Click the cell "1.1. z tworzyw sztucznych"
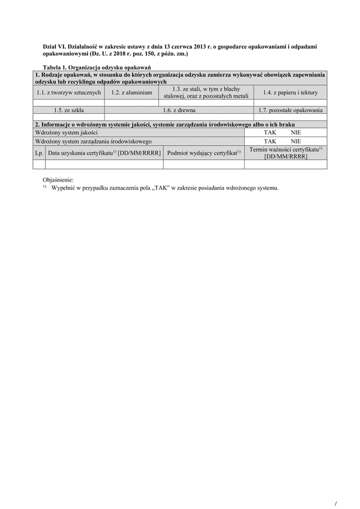(68, 92)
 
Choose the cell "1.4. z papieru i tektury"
(290, 92)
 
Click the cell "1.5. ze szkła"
(68, 110)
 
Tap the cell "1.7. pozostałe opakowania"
(290, 110)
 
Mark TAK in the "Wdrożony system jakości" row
(270, 132)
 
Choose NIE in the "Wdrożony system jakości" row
(295, 132)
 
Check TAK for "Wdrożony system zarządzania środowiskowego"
(270, 141)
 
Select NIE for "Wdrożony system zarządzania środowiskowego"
(295, 141)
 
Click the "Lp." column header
(39, 153)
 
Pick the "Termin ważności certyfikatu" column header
(286, 152)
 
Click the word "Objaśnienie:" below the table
(59, 180)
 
